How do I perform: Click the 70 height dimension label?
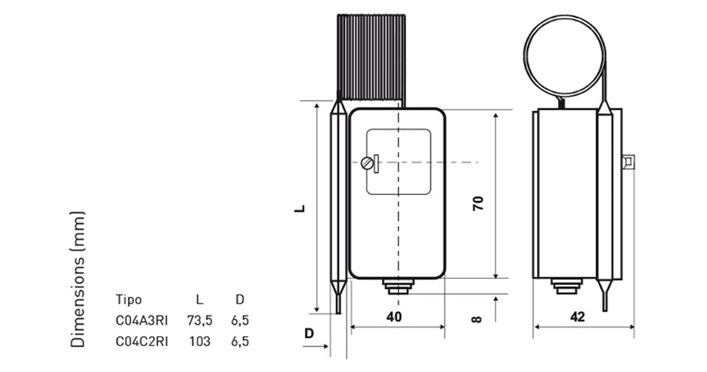click(x=478, y=203)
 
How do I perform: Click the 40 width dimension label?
click(x=393, y=317)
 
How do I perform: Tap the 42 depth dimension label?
click(x=577, y=317)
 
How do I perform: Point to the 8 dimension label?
click(x=476, y=319)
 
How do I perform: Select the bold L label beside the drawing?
click(x=300, y=208)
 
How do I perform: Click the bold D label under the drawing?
click(x=309, y=334)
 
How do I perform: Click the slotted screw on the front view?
click(x=367, y=163)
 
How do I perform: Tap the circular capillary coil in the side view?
click(x=525, y=57)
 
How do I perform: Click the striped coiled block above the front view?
click(x=371, y=57)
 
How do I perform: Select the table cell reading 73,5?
click(x=200, y=320)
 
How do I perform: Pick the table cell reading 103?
click(x=200, y=341)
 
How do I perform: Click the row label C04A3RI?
click(x=141, y=320)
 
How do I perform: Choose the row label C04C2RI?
click(x=141, y=341)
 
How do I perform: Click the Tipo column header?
click(x=128, y=299)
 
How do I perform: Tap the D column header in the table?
click(x=240, y=299)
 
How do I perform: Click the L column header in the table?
click(x=200, y=299)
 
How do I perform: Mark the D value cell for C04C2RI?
click(x=240, y=341)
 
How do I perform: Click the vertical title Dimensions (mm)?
click(x=77, y=280)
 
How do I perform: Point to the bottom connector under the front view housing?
click(x=398, y=287)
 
